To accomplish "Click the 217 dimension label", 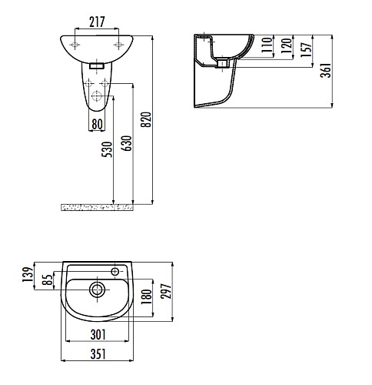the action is (97, 22).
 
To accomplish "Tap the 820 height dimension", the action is (147, 119).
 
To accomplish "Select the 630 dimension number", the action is (128, 143).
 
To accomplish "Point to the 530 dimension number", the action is (107, 149).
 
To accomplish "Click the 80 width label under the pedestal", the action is (97, 124).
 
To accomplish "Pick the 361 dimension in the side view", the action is (326, 70).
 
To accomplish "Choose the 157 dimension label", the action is (306, 49).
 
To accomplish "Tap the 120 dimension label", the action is (287, 45).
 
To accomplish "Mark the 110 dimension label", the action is (267, 45).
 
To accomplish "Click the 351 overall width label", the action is (98, 354).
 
